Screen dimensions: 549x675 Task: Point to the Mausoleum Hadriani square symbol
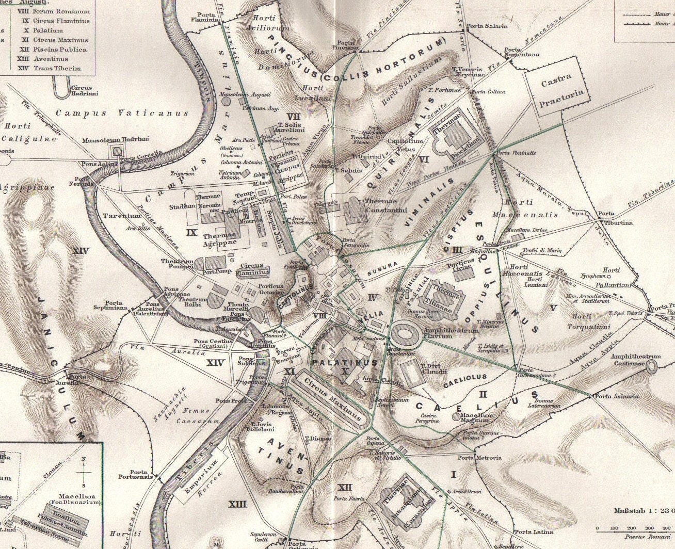[x=117, y=151]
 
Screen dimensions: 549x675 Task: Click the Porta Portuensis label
[x=141, y=474]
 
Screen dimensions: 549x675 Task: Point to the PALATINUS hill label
[x=345, y=363]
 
